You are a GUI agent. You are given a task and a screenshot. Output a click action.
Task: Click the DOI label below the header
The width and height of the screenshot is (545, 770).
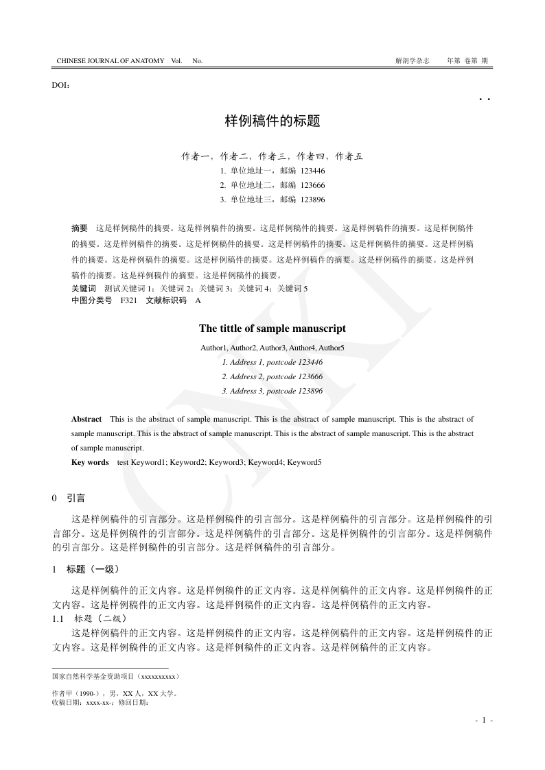tap(60, 85)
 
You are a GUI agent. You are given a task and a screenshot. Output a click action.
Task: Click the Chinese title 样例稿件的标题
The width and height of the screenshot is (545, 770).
tap(272, 121)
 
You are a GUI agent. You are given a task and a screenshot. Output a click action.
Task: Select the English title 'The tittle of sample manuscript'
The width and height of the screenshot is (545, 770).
tap(272, 328)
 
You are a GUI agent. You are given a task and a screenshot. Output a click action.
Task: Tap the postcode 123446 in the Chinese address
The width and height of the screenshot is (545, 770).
tap(312, 171)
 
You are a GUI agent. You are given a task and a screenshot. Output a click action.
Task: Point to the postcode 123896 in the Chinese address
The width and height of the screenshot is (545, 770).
tap(312, 200)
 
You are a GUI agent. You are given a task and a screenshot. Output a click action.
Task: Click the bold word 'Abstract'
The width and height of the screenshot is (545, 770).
tap(86, 418)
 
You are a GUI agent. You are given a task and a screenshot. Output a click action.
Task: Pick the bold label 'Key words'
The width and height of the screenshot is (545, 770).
tap(90, 462)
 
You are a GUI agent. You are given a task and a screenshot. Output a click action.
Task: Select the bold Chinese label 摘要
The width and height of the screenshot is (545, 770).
tap(80, 227)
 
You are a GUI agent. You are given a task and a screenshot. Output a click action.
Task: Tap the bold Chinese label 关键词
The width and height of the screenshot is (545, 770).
tap(84, 289)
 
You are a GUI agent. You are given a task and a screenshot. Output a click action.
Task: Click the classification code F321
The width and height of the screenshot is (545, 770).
tap(128, 300)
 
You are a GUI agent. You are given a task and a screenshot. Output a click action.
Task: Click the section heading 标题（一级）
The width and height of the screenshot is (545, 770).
tap(93, 569)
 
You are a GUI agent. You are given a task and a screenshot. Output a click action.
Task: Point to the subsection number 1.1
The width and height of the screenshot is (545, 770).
tap(58, 618)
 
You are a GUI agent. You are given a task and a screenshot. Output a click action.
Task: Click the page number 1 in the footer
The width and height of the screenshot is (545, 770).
tap(484, 720)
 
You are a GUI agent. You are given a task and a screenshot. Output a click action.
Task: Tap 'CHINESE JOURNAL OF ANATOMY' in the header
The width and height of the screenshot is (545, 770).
tap(111, 61)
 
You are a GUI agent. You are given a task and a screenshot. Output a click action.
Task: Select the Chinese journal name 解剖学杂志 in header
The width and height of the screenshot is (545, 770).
tap(413, 61)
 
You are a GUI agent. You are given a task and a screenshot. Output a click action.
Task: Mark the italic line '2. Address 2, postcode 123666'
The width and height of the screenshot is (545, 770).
tap(272, 376)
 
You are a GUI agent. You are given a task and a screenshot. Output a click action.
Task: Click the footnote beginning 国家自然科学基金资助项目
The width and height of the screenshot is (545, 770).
tap(116, 677)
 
